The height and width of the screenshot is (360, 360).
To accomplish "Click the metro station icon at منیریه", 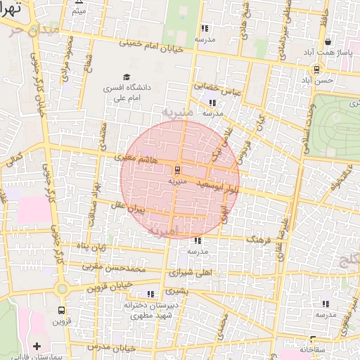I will tap(176, 169).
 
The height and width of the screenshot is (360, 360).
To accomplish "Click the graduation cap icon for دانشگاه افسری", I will tap(127, 77).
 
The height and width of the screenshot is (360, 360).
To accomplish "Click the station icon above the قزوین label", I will tap(61, 309).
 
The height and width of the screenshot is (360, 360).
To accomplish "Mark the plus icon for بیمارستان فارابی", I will tap(37, 346).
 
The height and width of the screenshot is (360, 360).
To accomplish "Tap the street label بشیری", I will tap(178, 290).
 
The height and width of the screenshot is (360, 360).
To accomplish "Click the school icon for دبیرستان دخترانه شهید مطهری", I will tap(150, 295).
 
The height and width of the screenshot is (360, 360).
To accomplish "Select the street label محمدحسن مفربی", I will tap(113, 268).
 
